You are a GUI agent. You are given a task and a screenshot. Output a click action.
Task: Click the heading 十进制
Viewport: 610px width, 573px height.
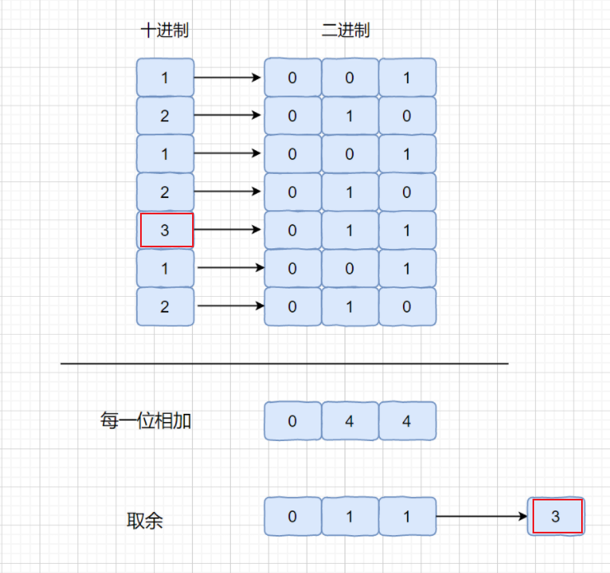[x=165, y=31]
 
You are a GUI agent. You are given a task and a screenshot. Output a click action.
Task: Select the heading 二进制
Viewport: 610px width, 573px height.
[x=345, y=31]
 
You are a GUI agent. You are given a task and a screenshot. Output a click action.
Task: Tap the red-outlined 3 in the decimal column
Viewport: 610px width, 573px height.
[x=166, y=230]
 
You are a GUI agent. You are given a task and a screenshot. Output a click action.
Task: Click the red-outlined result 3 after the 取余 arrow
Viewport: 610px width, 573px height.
[x=556, y=517]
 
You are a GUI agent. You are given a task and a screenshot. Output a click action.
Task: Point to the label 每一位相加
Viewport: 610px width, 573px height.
[x=145, y=420]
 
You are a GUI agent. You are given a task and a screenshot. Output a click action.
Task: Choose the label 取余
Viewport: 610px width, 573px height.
[x=145, y=520]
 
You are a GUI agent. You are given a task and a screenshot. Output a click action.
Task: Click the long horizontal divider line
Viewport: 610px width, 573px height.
[x=284, y=363]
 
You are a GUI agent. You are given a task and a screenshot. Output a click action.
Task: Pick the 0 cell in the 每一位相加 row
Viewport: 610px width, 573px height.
[x=293, y=421]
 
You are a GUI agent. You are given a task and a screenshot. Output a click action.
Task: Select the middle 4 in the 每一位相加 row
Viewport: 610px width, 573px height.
[x=350, y=421]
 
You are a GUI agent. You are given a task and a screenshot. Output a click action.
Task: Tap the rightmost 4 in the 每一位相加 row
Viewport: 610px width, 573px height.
[x=407, y=421]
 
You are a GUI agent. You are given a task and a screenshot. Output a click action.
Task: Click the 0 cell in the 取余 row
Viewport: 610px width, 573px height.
[x=293, y=517]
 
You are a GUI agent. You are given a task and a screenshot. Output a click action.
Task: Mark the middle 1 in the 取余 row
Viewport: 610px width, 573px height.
[x=350, y=517]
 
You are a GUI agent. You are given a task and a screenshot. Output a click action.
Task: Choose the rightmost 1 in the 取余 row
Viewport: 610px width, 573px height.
[x=407, y=517]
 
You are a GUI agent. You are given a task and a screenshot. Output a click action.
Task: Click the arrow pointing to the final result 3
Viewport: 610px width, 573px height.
[x=481, y=517]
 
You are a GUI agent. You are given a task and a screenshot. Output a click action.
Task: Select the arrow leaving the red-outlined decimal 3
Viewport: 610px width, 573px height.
[x=228, y=230]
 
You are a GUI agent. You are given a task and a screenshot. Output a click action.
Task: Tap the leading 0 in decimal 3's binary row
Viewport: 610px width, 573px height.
[x=293, y=230]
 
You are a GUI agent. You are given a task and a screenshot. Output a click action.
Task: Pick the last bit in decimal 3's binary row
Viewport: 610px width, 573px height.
[x=407, y=230]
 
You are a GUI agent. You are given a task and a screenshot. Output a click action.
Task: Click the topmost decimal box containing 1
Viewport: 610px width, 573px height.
[x=166, y=77]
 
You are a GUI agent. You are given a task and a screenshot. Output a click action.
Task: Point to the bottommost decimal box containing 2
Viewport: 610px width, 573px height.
[x=166, y=306]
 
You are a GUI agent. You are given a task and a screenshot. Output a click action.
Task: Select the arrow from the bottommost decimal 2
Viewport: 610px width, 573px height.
[x=230, y=306]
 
